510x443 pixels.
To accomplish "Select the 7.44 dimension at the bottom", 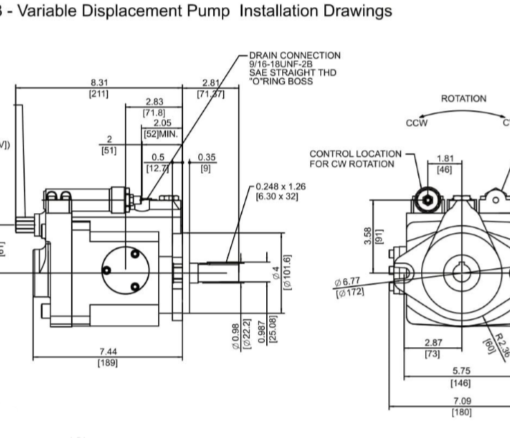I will (107, 352).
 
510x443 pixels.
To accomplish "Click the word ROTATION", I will (461, 99).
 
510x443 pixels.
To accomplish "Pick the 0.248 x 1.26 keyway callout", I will (280, 186).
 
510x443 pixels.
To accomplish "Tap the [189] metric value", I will (107, 363).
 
